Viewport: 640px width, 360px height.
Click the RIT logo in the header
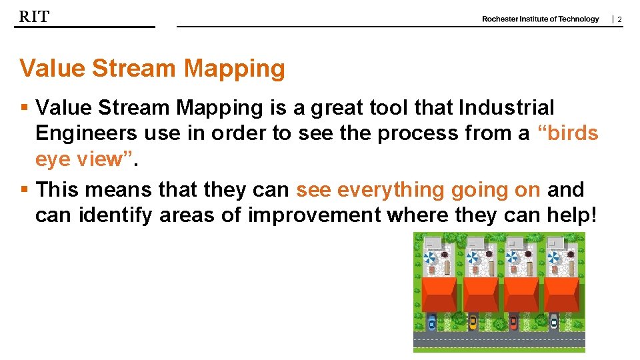(x=34, y=17)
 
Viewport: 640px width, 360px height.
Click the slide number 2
(x=619, y=19)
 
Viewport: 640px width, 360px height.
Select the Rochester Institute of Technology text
(x=540, y=19)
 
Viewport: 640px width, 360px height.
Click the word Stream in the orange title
(x=137, y=68)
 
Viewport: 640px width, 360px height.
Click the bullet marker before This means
(x=24, y=190)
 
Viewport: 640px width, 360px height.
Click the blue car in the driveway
(x=431, y=323)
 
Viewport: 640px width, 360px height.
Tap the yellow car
(x=473, y=323)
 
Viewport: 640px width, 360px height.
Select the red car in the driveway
(x=513, y=323)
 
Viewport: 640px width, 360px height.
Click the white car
(x=554, y=323)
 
